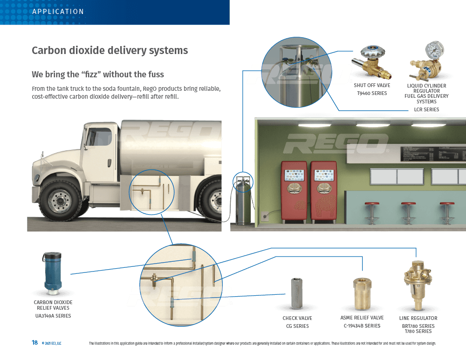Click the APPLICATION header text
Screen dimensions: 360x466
coord(58,12)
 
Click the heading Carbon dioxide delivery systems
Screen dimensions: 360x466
coord(110,50)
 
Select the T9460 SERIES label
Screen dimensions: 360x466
coord(371,93)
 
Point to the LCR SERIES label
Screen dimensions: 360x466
coord(426,109)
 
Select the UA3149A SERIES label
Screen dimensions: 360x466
coord(53,316)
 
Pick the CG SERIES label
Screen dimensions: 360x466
coord(297,326)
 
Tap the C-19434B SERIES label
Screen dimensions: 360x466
coord(362,326)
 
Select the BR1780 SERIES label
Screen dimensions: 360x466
coord(418,326)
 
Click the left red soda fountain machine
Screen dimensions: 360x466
coord(294,191)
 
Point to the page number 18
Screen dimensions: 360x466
coord(34,343)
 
